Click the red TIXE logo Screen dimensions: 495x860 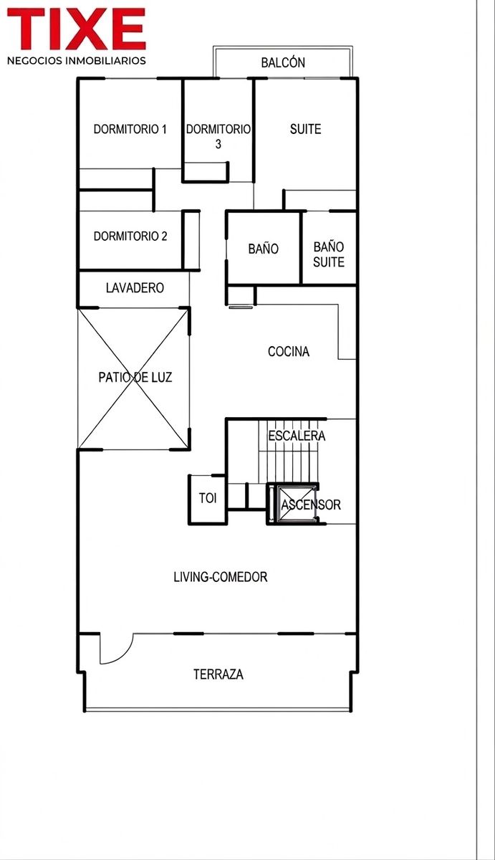(77, 29)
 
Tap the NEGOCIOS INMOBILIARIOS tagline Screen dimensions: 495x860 (77, 61)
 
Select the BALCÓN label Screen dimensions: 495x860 (283, 62)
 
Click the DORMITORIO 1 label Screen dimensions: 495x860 (130, 129)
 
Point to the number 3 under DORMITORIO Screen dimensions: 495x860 (218, 144)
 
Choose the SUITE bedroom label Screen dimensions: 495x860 (305, 129)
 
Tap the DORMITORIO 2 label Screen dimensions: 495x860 (130, 236)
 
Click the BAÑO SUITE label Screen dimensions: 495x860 (329, 254)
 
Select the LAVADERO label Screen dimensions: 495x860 (135, 288)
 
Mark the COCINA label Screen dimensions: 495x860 (289, 351)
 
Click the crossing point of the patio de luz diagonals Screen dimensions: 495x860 (134, 378)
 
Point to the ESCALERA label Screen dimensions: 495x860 (297, 436)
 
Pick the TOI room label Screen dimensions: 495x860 (208, 498)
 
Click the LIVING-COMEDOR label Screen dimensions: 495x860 (220, 577)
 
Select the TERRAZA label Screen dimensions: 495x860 (218, 674)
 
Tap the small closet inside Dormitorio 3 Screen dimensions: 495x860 (205, 171)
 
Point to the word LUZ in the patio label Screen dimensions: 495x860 (161, 378)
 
